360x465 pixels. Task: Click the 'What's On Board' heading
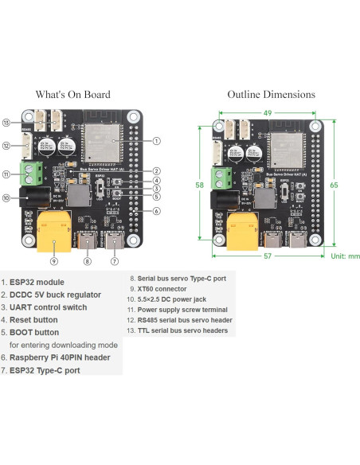72,94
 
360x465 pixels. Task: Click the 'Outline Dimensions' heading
271,94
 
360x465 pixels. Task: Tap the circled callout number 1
157,141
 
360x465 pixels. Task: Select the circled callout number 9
54,260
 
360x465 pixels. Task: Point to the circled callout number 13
6,123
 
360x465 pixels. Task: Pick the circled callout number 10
6,198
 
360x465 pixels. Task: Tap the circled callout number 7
114,260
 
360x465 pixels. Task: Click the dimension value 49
267,112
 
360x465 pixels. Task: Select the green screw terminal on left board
33,173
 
